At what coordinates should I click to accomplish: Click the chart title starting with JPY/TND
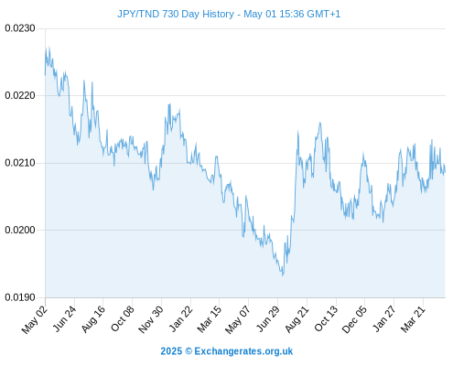[229, 14]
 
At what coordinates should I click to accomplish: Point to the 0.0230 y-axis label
[20, 28]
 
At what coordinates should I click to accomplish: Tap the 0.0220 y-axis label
[20, 96]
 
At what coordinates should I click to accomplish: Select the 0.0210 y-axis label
[20, 163]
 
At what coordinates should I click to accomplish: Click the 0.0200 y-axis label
[20, 230]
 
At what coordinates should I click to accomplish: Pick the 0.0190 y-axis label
[20, 297]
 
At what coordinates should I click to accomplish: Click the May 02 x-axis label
[35, 319]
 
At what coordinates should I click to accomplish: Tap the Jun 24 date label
[64, 318]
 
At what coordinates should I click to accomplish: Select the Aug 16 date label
[93, 319]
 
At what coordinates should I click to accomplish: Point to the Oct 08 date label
[123, 318]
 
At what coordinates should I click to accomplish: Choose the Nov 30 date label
[151, 319]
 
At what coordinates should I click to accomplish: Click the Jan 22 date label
[181, 318]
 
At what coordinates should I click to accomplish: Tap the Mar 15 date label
[210, 319]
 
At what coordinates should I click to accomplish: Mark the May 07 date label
[238, 319]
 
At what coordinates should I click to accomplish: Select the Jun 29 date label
[268, 318]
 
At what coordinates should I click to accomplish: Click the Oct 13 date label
[326, 318]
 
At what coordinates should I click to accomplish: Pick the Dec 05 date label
[355, 319]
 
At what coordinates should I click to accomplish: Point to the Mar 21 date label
[413, 319]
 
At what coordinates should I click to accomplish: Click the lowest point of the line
[283, 275]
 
